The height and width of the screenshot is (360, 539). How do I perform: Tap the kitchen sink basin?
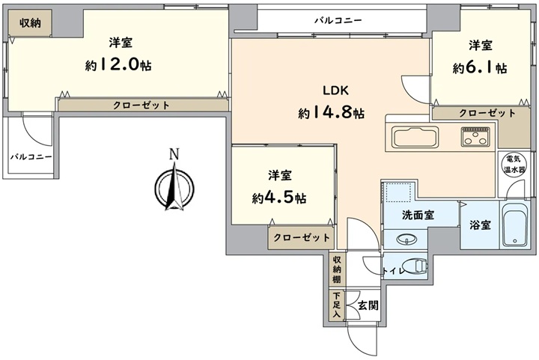point(415,137)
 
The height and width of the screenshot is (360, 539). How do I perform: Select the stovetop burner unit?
point(475,136)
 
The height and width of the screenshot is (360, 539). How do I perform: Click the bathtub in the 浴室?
point(514,225)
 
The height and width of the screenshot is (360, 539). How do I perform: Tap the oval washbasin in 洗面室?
point(406,239)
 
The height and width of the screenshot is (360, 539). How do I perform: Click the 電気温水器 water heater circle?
point(514,165)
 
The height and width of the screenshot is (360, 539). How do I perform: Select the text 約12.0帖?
point(118,64)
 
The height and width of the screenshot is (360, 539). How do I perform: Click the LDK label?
point(335,91)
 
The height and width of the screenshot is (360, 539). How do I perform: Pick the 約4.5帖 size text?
point(278,198)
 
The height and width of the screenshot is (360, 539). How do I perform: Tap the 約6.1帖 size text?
point(480,67)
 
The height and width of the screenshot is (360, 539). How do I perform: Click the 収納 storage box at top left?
point(30,22)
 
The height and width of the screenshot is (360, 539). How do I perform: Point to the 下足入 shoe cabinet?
point(337,305)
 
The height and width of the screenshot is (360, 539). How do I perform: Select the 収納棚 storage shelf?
point(337,269)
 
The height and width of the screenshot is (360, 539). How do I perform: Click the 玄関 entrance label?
point(368,305)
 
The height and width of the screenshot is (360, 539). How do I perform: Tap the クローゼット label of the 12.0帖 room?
point(141,105)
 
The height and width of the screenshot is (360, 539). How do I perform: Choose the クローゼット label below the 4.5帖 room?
point(302,237)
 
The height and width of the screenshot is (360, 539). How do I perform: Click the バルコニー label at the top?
point(338,20)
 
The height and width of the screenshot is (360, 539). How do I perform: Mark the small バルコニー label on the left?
point(31,157)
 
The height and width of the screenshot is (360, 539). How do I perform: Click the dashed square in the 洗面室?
point(399,192)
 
